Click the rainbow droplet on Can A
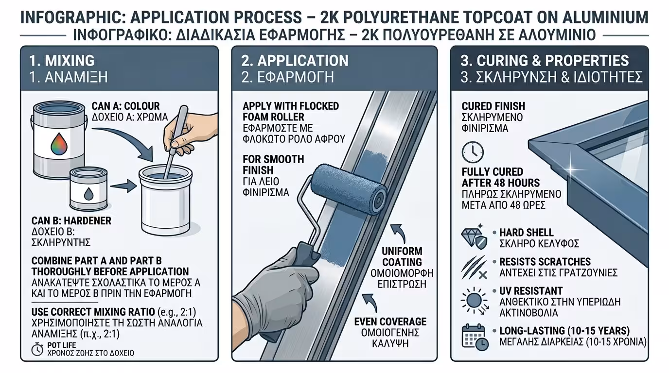pos(59,144)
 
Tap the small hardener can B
pos(88,189)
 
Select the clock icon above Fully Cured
pos(473,152)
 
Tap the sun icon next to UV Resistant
pos(474,301)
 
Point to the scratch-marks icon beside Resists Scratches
pos(474,268)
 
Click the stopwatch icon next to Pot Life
pos(37,349)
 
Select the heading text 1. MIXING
pos(62,61)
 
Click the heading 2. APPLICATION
pos(295,61)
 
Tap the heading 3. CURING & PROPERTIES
pos(545,61)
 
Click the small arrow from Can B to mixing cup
pos(123,186)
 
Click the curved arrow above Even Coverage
pos(370,303)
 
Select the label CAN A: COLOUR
pos(126,106)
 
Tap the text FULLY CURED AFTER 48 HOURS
pos(501,177)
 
